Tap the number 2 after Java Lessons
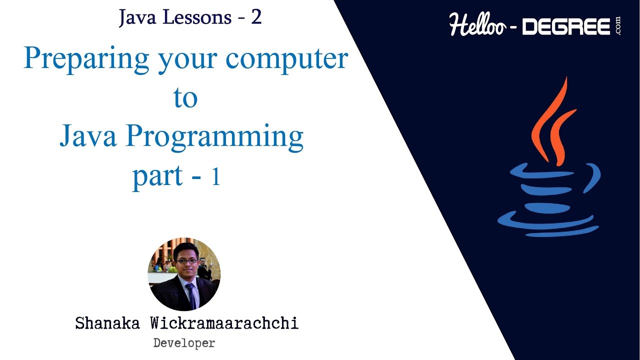[x=256, y=17]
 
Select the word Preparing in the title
[x=86, y=59]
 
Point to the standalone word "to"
[x=185, y=98]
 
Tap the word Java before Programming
[x=88, y=136]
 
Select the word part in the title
[x=157, y=176]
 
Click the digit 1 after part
[x=215, y=177]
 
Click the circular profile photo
[x=184, y=274]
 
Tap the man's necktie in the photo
[x=190, y=294]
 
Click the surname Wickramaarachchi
[x=223, y=323]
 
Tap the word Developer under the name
[x=184, y=343]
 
